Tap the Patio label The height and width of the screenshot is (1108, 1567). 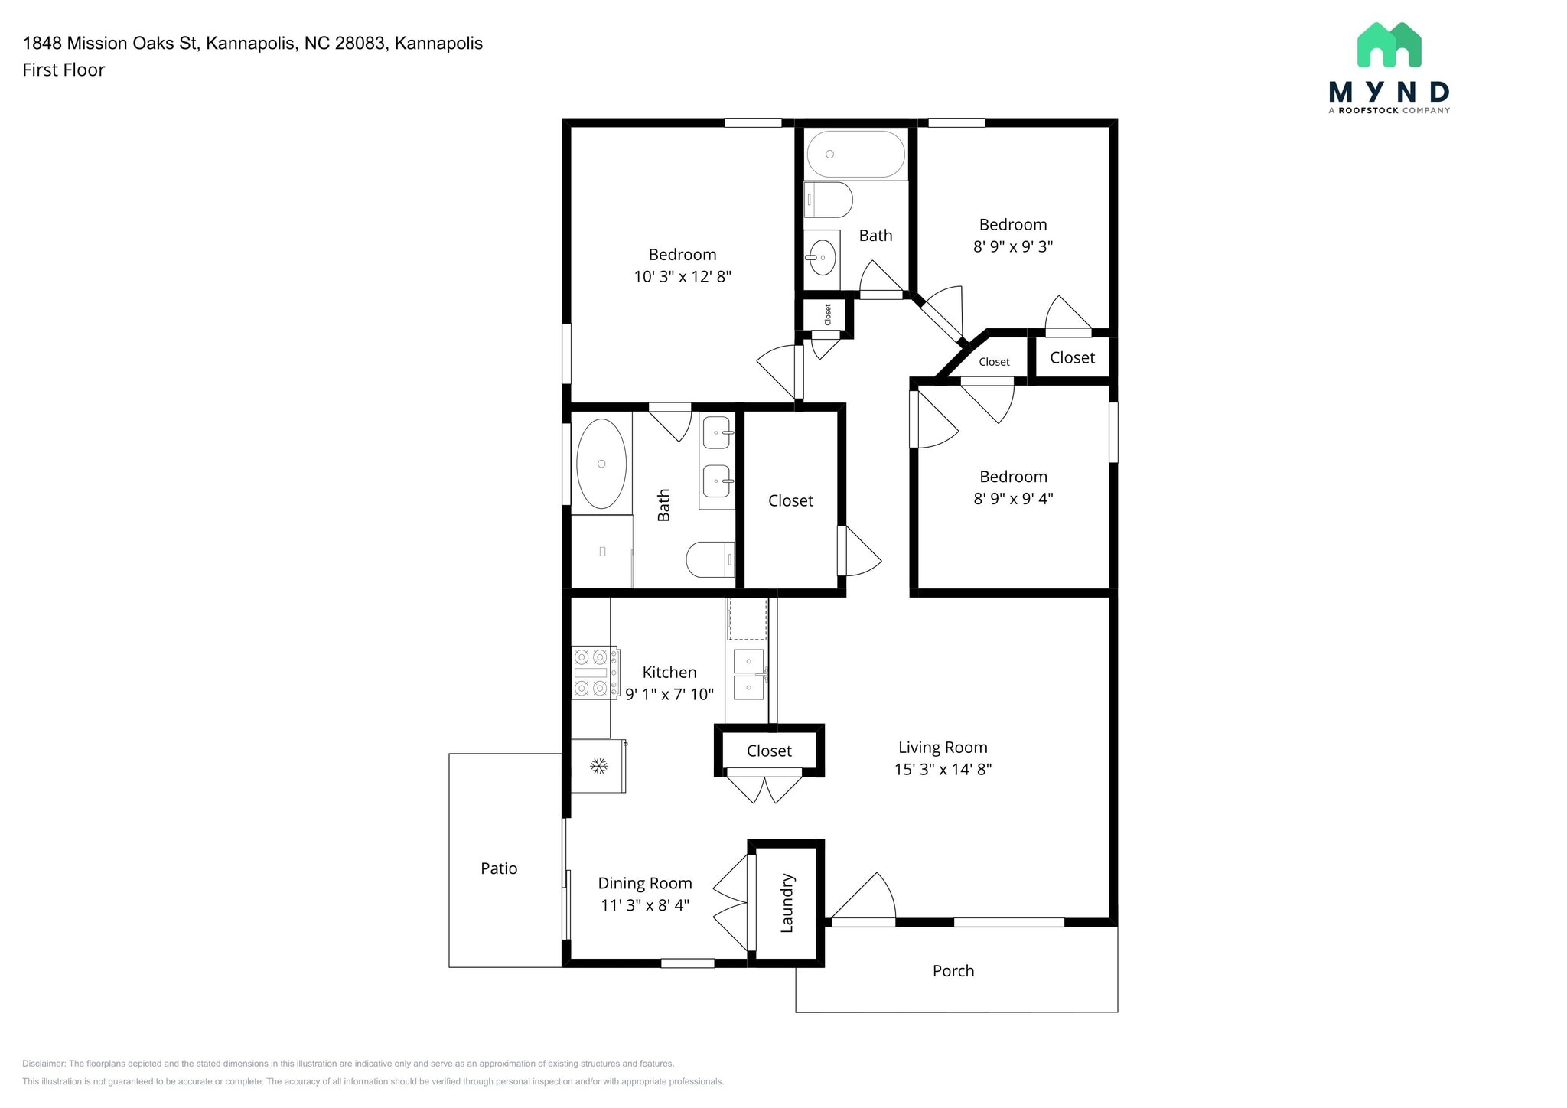[x=499, y=868]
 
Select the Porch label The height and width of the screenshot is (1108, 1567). [x=953, y=971]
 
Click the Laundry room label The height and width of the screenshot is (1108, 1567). [x=787, y=903]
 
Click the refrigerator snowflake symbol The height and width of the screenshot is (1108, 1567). [x=598, y=765]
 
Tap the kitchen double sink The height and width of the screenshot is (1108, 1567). [x=748, y=674]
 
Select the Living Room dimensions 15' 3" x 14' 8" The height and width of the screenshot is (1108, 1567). [x=943, y=770]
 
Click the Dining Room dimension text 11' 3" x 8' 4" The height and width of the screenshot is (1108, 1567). [x=645, y=905]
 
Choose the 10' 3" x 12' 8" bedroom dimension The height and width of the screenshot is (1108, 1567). [x=683, y=277]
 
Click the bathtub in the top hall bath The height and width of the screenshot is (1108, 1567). [x=856, y=155]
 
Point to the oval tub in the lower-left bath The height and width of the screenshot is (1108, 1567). [x=601, y=464]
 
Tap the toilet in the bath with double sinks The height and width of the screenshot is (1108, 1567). [x=711, y=559]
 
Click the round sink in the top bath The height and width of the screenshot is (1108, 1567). [x=822, y=257]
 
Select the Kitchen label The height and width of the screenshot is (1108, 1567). [x=669, y=673]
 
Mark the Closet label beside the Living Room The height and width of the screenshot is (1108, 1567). [x=769, y=751]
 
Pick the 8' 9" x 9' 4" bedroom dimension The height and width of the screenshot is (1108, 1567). [x=1013, y=499]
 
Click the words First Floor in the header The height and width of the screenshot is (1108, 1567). [x=64, y=70]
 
